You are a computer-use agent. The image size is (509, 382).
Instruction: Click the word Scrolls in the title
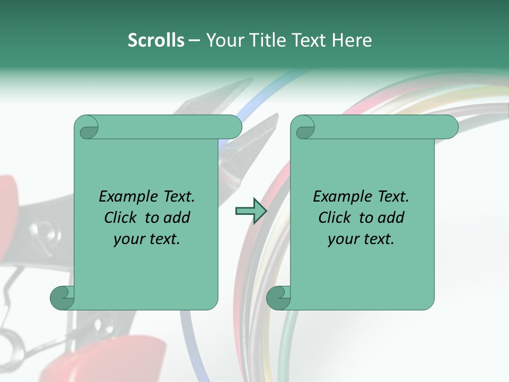(x=156, y=40)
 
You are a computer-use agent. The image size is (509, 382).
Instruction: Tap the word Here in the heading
(x=352, y=40)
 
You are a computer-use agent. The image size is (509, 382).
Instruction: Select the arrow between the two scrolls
(x=251, y=211)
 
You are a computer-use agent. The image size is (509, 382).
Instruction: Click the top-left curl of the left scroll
(x=87, y=128)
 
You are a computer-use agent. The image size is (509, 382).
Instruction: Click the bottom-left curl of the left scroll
(x=62, y=298)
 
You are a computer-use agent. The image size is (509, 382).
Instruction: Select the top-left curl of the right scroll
(x=304, y=128)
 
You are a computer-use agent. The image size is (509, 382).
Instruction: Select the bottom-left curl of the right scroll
(x=278, y=298)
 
